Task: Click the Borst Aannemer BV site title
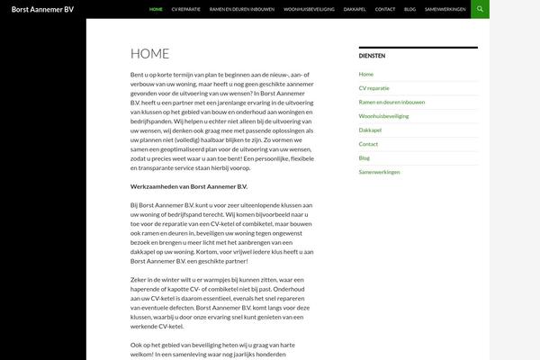click(43, 9)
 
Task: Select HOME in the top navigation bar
click(156, 9)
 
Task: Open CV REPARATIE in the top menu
click(187, 9)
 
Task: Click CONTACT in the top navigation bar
click(385, 9)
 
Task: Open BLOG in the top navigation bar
click(410, 9)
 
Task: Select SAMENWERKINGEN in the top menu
click(445, 9)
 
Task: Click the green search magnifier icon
click(481, 9)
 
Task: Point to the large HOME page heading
click(149, 54)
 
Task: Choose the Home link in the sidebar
click(365, 74)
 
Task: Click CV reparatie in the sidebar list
click(374, 88)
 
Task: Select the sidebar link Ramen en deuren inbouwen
click(391, 102)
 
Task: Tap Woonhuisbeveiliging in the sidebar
click(383, 116)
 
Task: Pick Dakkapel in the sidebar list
click(370, 130)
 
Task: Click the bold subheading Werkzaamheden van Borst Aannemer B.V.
click(188, 186)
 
